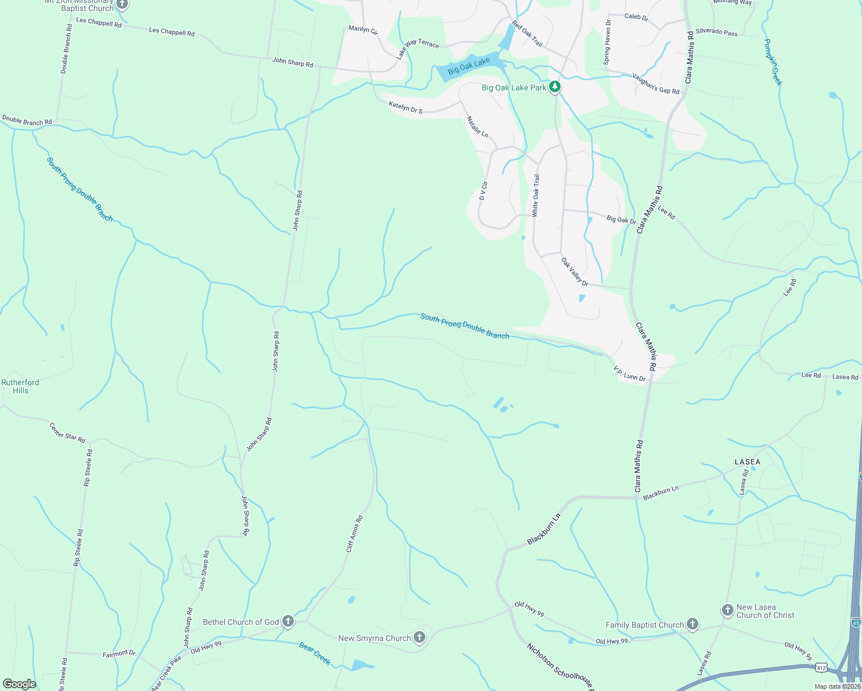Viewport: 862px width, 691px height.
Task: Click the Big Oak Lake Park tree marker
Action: [x=555, y=87]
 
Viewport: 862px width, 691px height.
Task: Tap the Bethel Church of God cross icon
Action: [x=288, y=621]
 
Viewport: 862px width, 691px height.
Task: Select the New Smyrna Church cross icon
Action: [x=419, y=637]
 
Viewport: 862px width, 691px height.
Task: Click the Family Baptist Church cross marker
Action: [x=693, y=624]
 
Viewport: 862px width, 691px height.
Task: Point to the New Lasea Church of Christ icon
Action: [x=728, y=610]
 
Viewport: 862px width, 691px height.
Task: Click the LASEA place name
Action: [x=747, y=462]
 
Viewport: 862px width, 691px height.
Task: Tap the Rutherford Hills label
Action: [x=20, y=386]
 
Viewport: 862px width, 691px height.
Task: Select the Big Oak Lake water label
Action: [x=468, y=66]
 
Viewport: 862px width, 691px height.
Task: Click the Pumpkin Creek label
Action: [x=773, y=62]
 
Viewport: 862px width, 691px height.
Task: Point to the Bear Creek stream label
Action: [x=315, y=654]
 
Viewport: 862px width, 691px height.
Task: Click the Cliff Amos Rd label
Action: [x=354, y=534]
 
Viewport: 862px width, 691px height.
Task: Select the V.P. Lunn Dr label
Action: [x=629, y=374]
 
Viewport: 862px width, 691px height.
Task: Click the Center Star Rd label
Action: [x=67, y=433]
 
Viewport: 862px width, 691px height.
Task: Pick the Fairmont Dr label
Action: [x=119, y=654]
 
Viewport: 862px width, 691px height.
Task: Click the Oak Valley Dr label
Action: [x=574, y=272]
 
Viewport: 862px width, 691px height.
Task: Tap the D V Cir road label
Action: [x=483, y=191]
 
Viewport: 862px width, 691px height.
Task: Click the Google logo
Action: [x=20, y=684]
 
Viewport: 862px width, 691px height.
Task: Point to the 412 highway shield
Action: [x=821, y=667]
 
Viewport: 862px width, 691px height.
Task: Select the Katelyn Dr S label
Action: [x=406, y=107]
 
